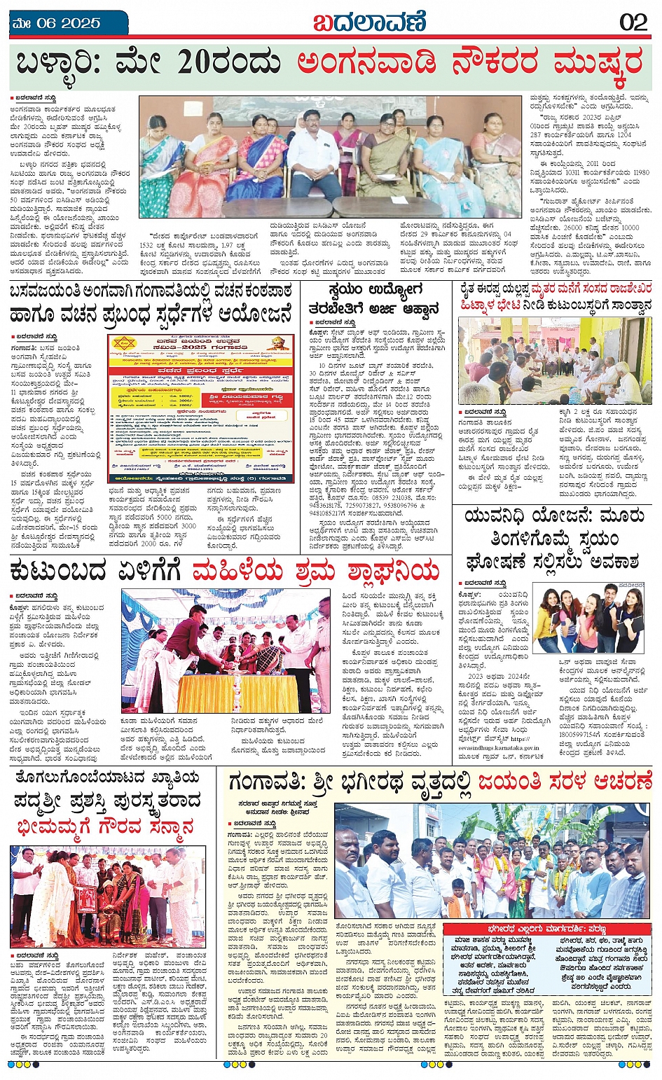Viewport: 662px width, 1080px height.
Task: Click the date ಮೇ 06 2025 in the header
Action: pos(57,22)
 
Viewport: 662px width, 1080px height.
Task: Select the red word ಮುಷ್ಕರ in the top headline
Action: pos(598,64)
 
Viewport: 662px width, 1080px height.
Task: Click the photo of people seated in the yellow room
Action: pos(555,360)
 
